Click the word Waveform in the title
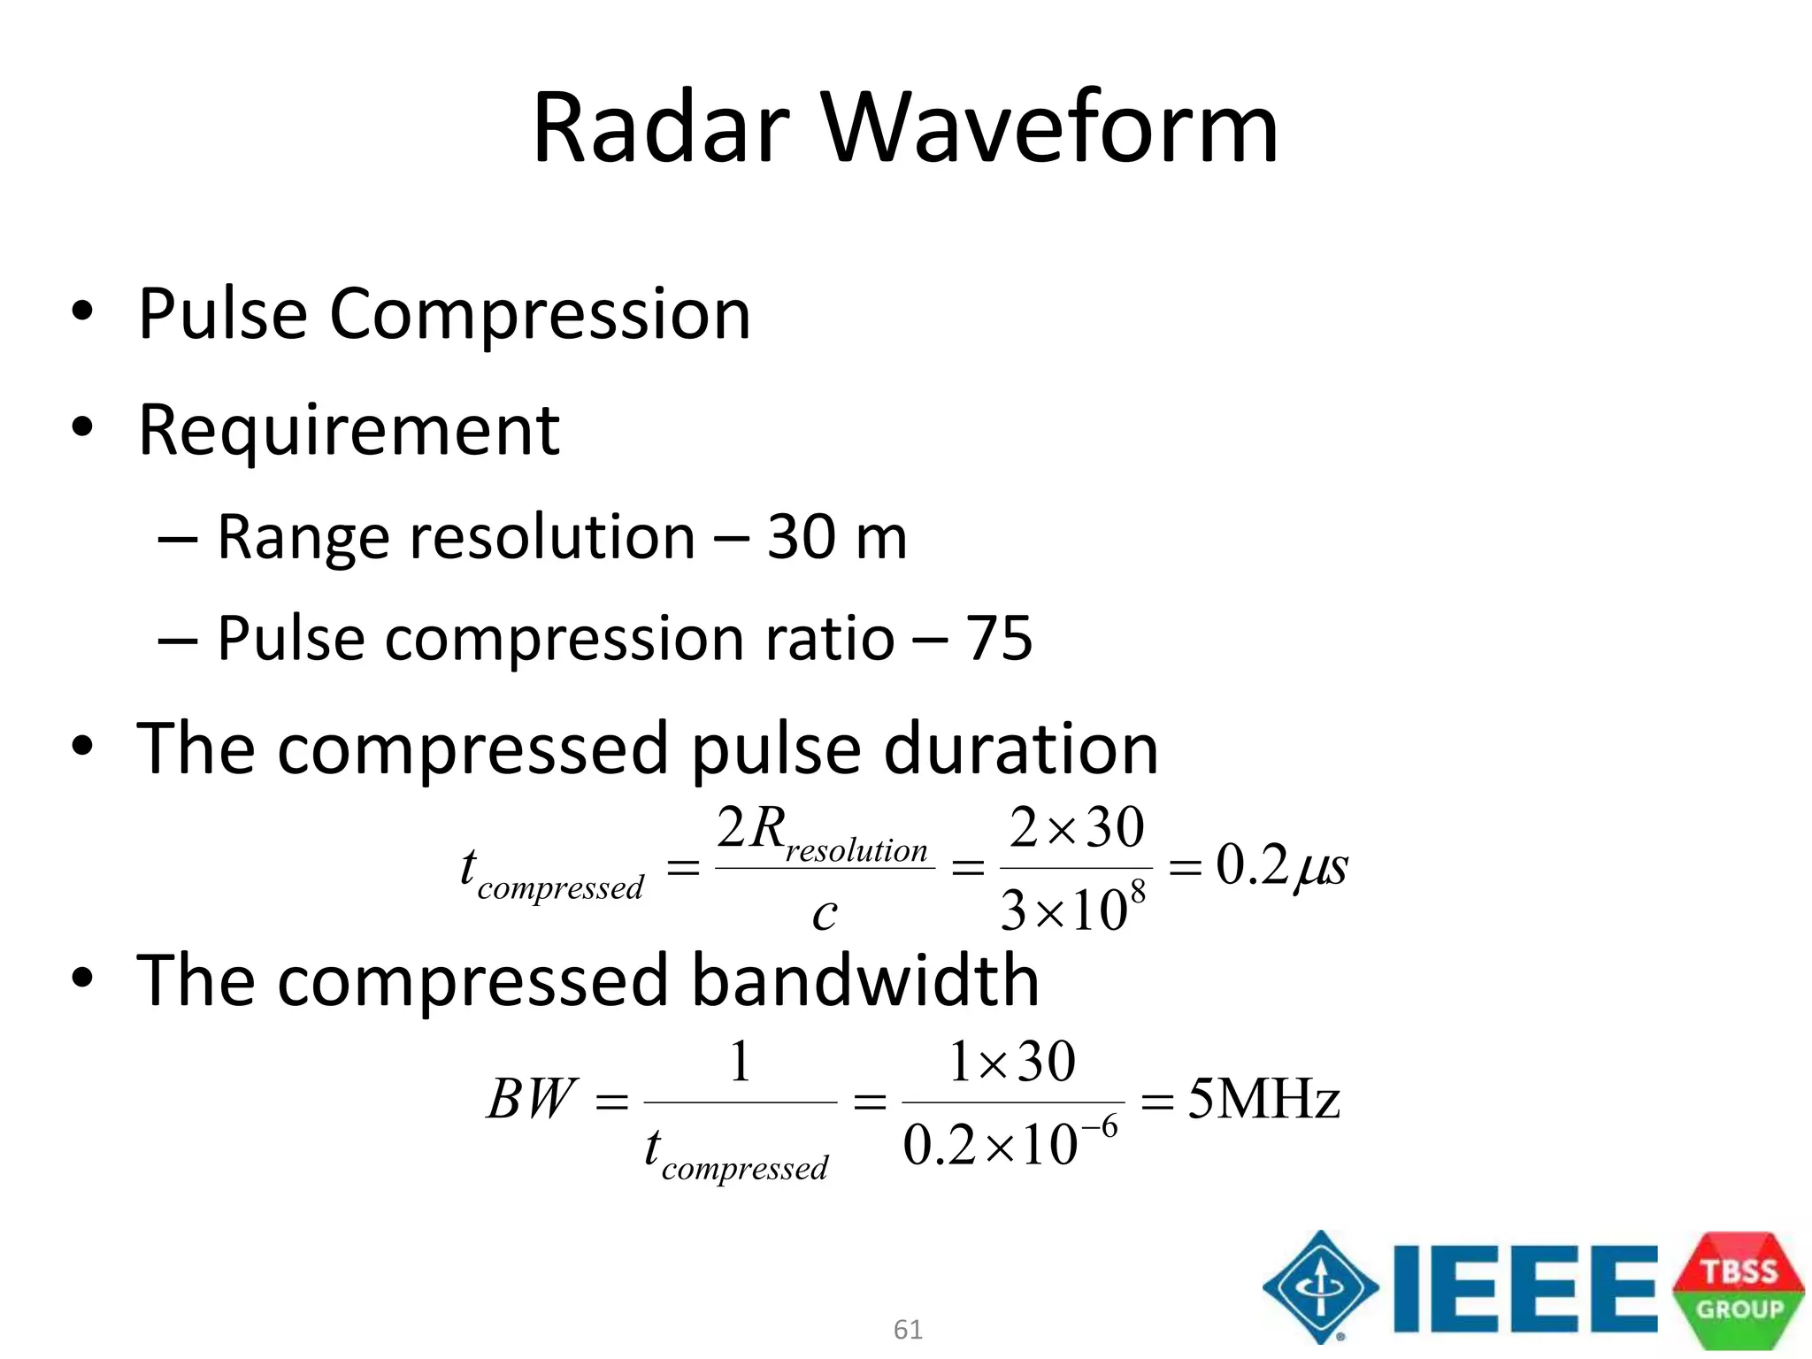coord(1050,128)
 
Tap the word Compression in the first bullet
coord(540,315)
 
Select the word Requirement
coord(349,431)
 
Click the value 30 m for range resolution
coord(837,537)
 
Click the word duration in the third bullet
coord(1021,749)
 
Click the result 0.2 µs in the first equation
coord(1281,866)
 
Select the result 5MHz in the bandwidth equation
coord(1263,1100)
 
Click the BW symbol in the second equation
coord(532,1100)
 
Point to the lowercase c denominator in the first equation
coord(825,914)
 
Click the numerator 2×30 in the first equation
coord(1077,829)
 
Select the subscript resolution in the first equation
coord(856,850)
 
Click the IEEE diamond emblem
coord(1320,1286)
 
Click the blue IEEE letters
coord(1524,1287)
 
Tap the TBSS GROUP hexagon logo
coord(1739,1290)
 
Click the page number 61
coord(908,1329)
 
